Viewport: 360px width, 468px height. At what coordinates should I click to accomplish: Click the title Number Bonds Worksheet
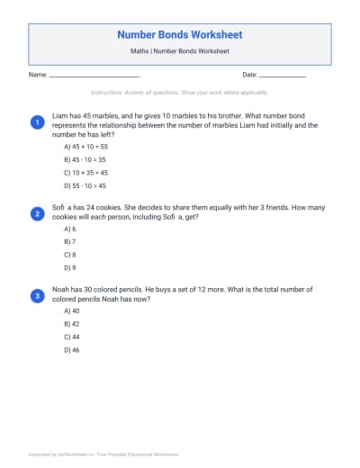tap(180, 35)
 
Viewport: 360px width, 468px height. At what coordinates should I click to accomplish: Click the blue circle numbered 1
tap(37, 121)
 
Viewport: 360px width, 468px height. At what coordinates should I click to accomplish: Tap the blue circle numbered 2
tap(37, 214)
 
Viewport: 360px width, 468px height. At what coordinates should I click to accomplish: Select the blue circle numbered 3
tap(37, 294)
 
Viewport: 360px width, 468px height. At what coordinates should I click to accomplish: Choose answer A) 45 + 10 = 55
tap(85, 146)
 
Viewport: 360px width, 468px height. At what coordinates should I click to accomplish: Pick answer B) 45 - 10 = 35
tap(85, 159)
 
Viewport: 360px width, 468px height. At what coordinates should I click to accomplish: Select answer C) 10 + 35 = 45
tap(85, 172)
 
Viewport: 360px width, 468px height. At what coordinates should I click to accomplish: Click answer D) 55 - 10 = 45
tap(85, 185)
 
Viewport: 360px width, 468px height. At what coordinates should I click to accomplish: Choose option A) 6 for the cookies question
tap(70, 229)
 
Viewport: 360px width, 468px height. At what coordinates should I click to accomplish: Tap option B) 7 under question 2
tap(70, 242)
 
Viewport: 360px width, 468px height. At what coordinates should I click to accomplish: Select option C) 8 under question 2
tap(70, 255)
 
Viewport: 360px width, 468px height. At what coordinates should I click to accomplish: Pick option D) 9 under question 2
tap(70, 267)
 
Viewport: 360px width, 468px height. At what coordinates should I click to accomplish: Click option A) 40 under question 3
tap(72, 310)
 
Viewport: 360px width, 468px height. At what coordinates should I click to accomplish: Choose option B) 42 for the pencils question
tap(72, 322)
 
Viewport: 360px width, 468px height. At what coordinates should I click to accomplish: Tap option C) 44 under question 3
tap(72, 336)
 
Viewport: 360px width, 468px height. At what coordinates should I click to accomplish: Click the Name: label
tap(38, 75)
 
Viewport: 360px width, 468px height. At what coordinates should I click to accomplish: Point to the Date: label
tap(250, 75)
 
